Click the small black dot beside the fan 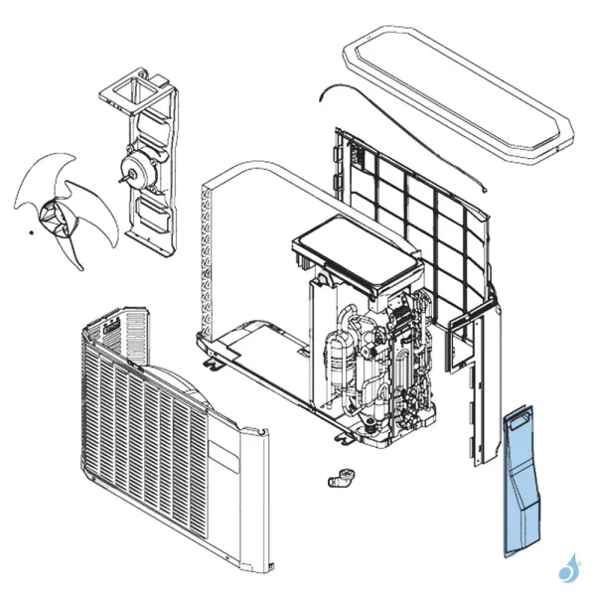pos(31,232)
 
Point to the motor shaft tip pos(120,180)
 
